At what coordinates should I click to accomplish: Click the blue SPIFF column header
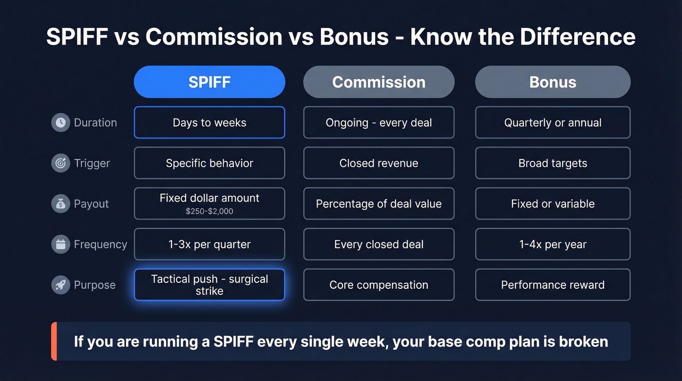(x=209, y=82)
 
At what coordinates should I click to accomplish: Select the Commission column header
(x=379, y=82)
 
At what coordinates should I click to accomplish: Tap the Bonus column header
(x=552, y=82)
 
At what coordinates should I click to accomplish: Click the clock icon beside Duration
(x=60, y=122)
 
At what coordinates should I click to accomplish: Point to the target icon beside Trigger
(x=60, y=163)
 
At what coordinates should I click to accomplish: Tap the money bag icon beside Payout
(x=60, y=203)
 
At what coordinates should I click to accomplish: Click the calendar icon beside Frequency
(x=60, y=244)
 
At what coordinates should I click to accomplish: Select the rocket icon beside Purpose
(x=60, y=284)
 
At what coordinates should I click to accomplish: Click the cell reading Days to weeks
(x=209, y=122)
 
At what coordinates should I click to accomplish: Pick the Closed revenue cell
(x=379, y=163)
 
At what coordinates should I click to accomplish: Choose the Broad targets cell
(x=552, y=163)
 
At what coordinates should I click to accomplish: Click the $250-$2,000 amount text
(x=209, y=211)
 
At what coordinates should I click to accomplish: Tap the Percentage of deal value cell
(x=379, y=203)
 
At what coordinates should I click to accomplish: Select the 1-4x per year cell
(x=552, y=244)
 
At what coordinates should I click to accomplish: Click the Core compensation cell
(x=379, y=284)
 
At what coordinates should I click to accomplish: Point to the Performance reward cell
(x=552, y=284)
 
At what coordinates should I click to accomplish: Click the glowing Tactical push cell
(x=209, y=284)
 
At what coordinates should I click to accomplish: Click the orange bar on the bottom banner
(x=54, y=341)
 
